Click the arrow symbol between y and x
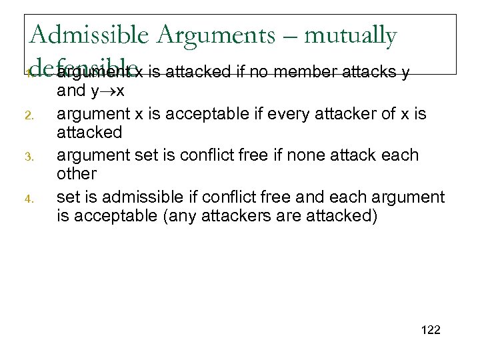point(108,90)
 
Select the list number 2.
point(30,115)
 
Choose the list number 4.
point(30,199)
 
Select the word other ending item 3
point(77,173)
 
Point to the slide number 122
point(431,330)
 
